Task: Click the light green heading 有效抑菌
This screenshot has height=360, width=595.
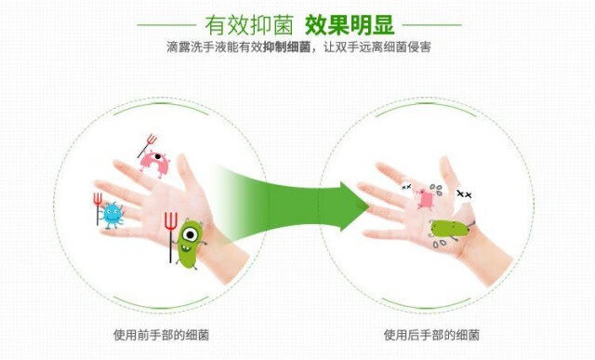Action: pos(249,25)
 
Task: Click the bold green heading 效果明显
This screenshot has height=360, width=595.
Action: pos(350,25)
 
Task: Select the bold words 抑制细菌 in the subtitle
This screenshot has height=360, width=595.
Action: pos(286,47)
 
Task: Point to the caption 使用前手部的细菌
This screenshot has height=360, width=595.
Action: pos(161,335)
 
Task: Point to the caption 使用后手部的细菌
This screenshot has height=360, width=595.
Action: pos(431,335)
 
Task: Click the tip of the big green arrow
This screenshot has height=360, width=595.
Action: pos(369,207)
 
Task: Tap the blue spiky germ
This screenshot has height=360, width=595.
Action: pos(112,215)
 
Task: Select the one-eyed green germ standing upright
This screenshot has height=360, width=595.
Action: pos(188,243)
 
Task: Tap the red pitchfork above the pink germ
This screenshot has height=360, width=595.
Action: pos(148,145)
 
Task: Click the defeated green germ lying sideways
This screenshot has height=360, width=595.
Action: pos(450,230)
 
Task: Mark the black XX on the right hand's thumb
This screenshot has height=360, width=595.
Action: pos(464,194)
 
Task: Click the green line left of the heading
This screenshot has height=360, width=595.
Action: pos(166,25)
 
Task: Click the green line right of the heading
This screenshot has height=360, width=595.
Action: pos(431,25)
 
